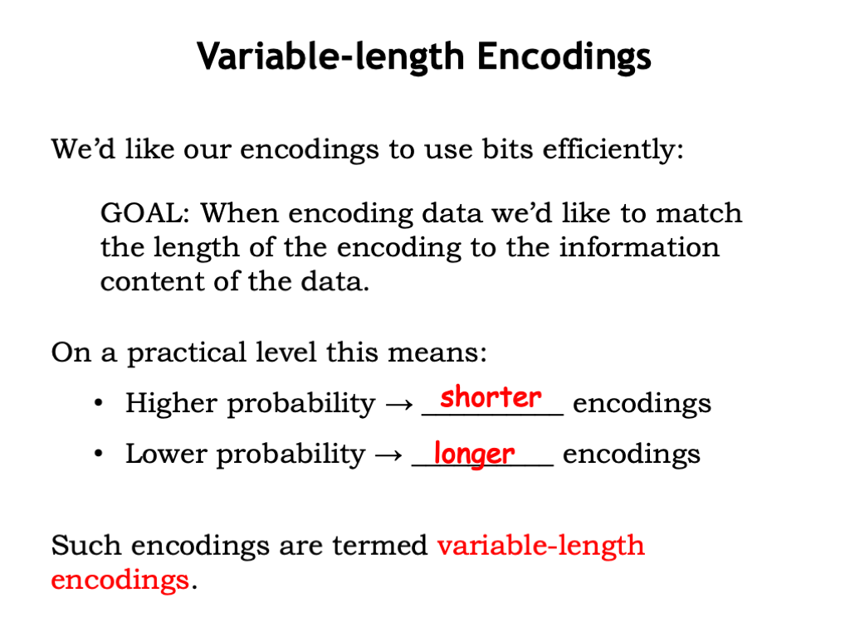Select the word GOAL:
click(145, 213)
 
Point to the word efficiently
click(613, 149)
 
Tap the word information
click(639, 247)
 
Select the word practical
click(187, 353)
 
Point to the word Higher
click(171, 404)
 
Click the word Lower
click(166, 454)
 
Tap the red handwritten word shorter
click(491, 397)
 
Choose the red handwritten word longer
click(474, 454)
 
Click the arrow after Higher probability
click(399, 404)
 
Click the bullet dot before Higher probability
click(98, 403)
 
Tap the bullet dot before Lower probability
click(98, 454)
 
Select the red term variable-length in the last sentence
click(541, 546)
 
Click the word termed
click(380, 546)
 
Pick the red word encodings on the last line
click(120, 580)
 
